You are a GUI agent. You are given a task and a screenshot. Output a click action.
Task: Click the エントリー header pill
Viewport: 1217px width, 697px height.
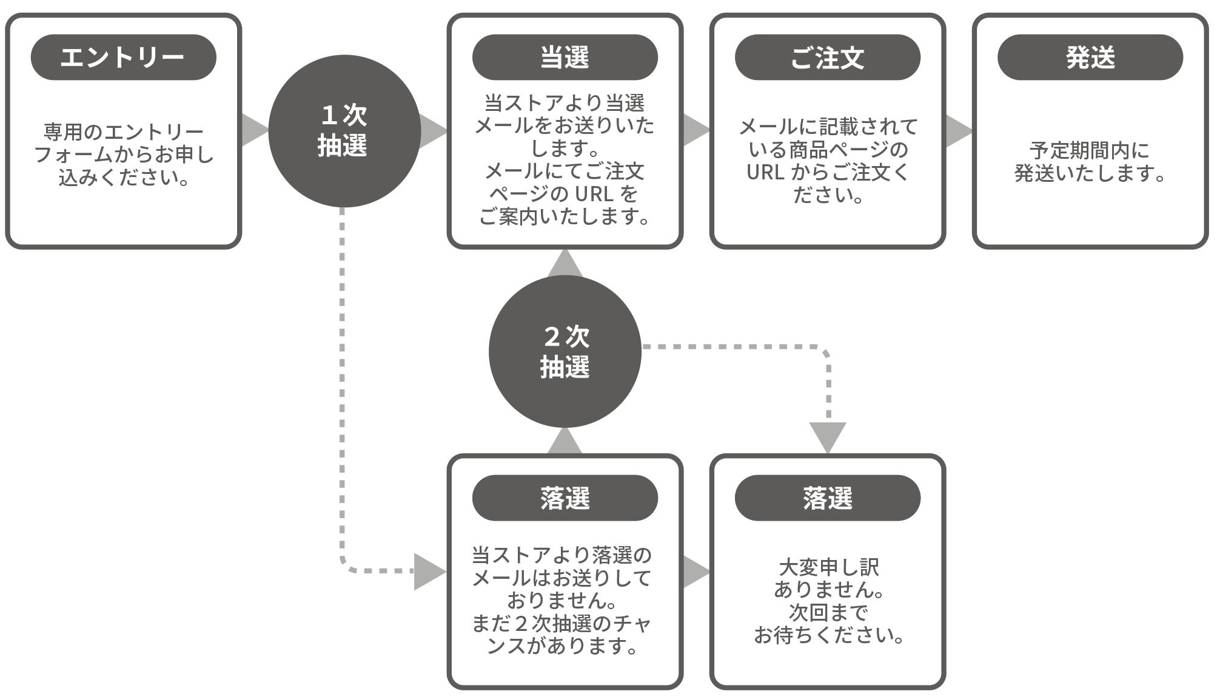coord(123,58)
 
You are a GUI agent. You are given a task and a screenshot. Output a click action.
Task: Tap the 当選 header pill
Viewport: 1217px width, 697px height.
coord(565,58)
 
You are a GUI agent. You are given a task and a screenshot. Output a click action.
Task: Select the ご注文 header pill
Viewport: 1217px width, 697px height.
coord(827,58)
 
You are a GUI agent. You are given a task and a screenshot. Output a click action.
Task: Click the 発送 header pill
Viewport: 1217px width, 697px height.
coord(1090,58)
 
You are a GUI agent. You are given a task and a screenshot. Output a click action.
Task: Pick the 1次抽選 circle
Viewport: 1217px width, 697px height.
coord(344,131)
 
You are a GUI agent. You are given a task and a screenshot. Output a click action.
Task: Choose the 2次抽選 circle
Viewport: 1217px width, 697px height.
coord(565,352)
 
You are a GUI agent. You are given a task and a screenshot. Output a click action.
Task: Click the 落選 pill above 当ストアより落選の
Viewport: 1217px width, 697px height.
coord(565,498)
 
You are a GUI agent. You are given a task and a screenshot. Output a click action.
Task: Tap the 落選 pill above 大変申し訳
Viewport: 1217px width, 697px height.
coord(827,498)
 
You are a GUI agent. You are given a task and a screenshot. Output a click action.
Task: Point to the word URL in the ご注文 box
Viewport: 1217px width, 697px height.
coord(765,173)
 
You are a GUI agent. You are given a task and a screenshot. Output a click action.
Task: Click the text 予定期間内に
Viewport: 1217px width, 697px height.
coord(1089,150)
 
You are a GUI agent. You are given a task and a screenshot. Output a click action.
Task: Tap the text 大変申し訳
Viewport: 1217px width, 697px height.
coord(828,567)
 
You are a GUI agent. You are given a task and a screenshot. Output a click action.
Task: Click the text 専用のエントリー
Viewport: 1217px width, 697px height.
coord(123,132)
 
